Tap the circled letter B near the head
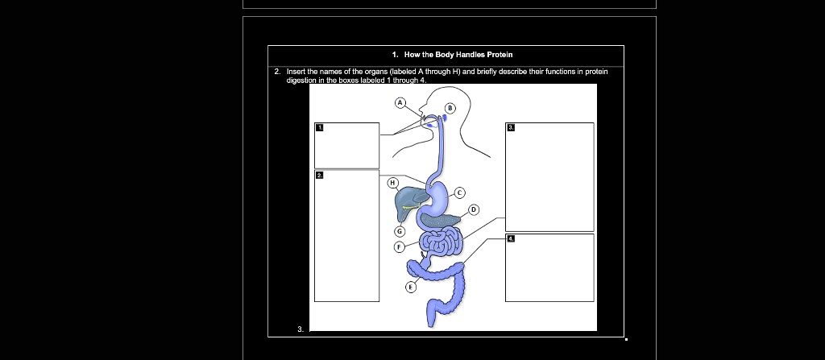click(450, 107)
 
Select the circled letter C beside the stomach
click(461, 193)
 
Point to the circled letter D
click(474, 210)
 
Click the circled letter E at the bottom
click(409, 287)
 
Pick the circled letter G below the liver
click(398, 230)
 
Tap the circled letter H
click(392, 184)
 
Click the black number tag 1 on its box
click(319, 127)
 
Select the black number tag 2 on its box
click(319, 175)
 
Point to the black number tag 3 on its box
click(510, 127)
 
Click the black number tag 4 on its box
click(510, 238)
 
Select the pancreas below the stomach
click(443, 217)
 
